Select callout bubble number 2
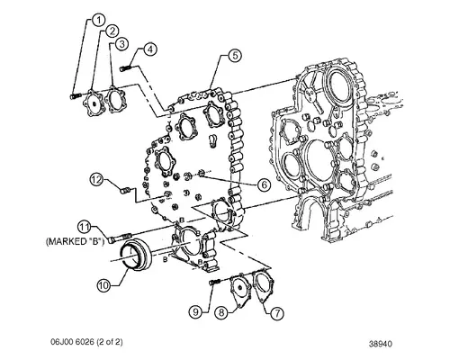[113, 31]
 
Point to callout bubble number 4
[150, 49]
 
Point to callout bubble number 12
[94, 181]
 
